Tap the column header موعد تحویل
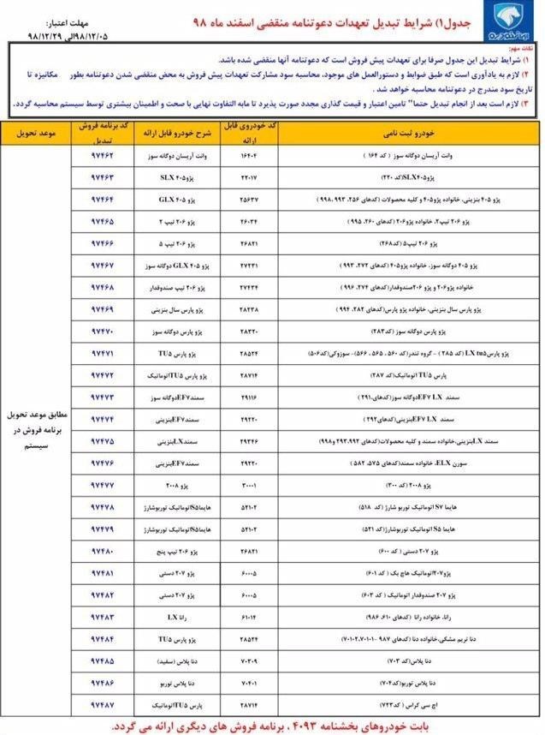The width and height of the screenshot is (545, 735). (34, 134)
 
